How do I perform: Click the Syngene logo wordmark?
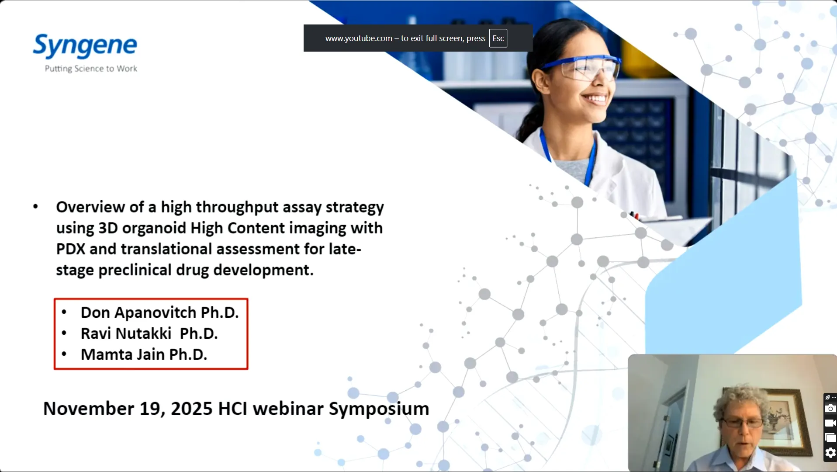pyautogui.click(x=85, y=45)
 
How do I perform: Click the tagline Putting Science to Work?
pyautogui.click(x=91, y=69)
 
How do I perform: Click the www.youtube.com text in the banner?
pyautogui.click(x=358, y=38)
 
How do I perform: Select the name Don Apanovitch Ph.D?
pyautogui.click(x=159, y=313)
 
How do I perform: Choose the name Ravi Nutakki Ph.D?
pyautogui.click(x=149, y=334)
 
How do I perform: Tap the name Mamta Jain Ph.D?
pyautogui.click(x=144, y=354)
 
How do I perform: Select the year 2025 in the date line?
pyautogui.click(x=191, y=409)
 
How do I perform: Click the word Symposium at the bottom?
pyautogui.click(x=379, y=409)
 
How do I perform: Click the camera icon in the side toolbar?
pyautogui.click(x=830, y=409)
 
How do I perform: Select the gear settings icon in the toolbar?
pyautogui.click(x=830, y=453)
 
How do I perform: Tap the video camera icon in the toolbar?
pyautogui.click(x=830, y=423)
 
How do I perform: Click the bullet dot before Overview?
pyautogui.click(x=36, y=207)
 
